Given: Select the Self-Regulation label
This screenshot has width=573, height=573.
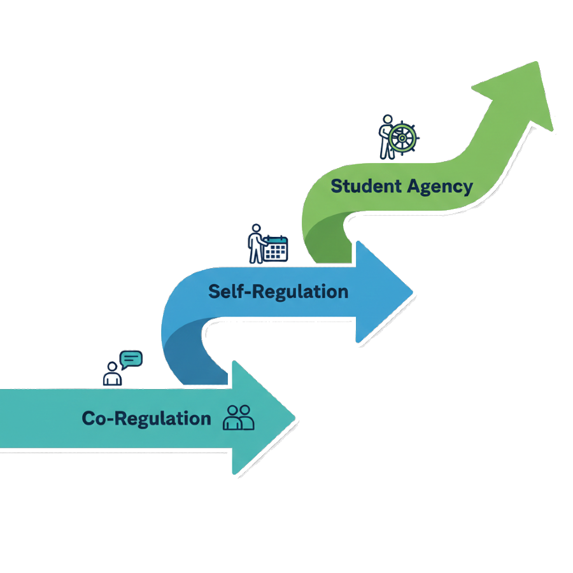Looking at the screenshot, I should [278, 292].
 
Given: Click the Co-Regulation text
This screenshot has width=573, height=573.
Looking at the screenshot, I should [146, 418].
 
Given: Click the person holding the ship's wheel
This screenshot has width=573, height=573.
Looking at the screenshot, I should [386, 137].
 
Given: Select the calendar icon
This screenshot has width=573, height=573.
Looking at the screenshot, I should [276, 248].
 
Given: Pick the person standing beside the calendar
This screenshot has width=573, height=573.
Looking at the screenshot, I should [256, 244].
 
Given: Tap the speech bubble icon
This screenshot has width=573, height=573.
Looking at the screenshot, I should [131, 359].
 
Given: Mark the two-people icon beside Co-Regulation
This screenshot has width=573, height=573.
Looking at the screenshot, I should [239, 418].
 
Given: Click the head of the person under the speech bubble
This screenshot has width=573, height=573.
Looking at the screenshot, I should [113, 367].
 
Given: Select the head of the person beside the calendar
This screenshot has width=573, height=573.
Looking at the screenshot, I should [256, 228].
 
